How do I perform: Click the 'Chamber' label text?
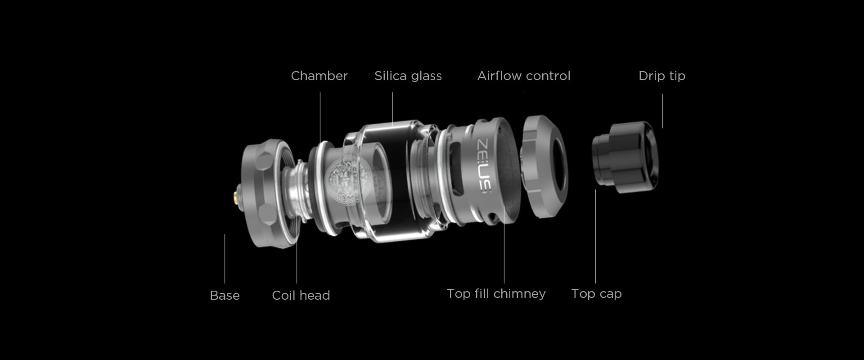coord(319,76)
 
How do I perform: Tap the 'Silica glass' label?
coord(408,76)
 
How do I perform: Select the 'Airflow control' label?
coord(524,76)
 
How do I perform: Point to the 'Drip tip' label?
coord(662,76)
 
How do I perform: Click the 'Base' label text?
coord(225,295)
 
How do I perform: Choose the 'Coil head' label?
coord(301,295)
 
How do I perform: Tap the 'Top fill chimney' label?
coord(496,293)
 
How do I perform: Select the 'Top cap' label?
coord(596,293)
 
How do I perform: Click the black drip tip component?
coord(625,157)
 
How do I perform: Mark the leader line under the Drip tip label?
coord(662,111)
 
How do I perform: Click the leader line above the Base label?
coord(225,259)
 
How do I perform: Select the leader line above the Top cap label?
coord(595,237)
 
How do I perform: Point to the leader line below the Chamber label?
coord(320,118)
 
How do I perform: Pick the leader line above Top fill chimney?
coord(504,245)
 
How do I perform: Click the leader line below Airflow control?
coord(524,104)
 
